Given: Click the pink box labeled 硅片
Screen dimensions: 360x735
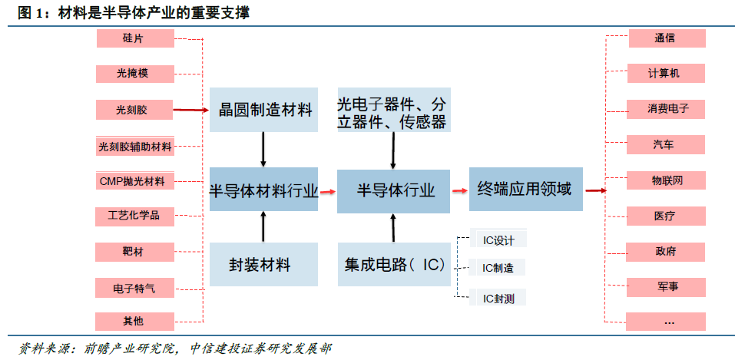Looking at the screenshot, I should tap(134, 38).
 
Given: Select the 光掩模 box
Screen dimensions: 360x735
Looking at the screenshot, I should tap(134, 74).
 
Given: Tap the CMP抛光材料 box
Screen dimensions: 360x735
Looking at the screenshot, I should tap(134, 181).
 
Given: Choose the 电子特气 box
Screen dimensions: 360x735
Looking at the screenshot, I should tap(134, 288).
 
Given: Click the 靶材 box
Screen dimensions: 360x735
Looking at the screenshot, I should tap(134, 252).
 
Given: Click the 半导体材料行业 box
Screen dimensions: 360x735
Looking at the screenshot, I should tap(263, 190).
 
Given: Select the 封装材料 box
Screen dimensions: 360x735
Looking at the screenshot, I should tap(263, 265).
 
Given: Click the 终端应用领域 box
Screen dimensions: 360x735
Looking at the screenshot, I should tap(525, 189).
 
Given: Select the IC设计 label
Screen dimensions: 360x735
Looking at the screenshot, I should tap(498, 240).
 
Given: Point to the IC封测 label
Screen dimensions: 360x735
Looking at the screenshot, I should tap(498, 297).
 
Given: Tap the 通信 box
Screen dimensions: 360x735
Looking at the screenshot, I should tap(666, 38).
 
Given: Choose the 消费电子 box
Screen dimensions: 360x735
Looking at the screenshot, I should tap(666, 109).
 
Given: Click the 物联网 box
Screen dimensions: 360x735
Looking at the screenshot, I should tap(666, 180).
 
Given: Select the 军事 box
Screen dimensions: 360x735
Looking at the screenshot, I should tap(666, 287).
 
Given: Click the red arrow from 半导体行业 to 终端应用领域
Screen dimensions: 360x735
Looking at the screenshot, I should tap(459, 190).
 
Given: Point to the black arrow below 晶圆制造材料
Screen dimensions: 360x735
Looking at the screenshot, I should tap(263, 150).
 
